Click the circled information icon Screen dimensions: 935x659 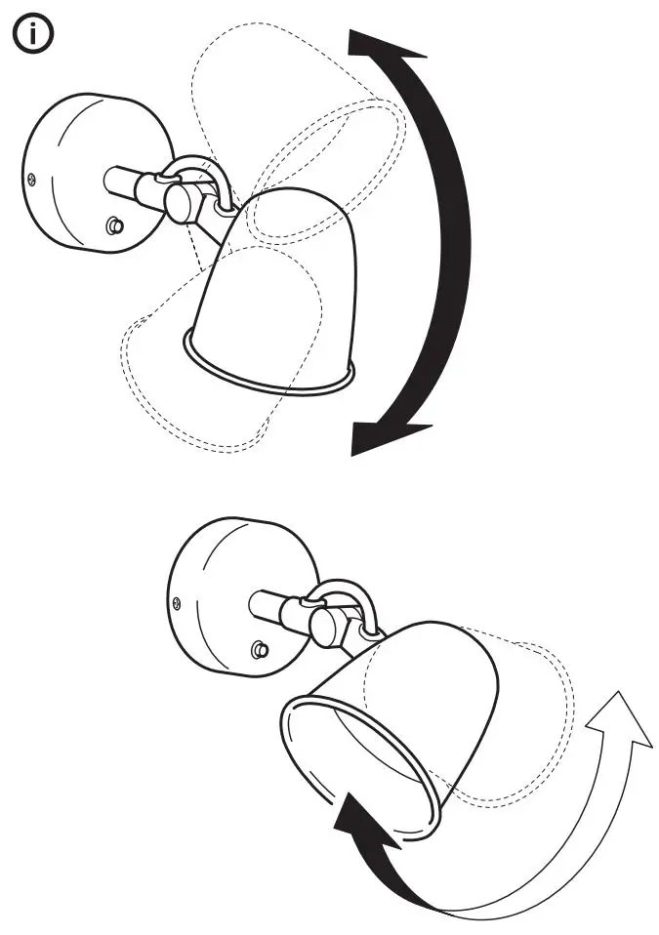pyautogui.click(x=32, y=35)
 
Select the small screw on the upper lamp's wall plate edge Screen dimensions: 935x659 pyautogui.click(x=31, y=178)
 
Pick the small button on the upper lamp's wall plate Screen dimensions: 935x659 pyautogui.click(x=115, y=225)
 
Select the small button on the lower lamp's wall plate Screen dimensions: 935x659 pyautogui.click(x=259, y=649)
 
